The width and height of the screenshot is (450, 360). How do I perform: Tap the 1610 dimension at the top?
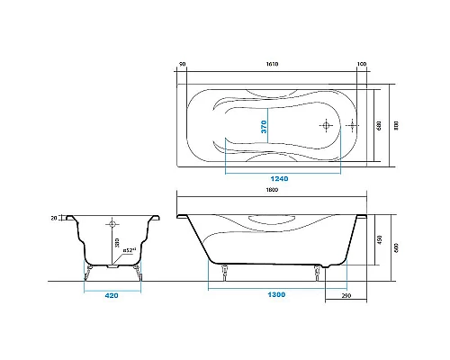pyautogui.click(x=272, y=65)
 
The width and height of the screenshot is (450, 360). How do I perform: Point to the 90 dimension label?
pyautogui.click(x=182, y=65)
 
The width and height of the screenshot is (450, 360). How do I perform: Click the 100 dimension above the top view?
pyautogui.click(x=362, y=65)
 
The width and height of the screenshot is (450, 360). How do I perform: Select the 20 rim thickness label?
pyautogui.click(x=54, y=218)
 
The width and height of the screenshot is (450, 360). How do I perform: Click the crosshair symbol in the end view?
pyautogui.click(x=112, y=223)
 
